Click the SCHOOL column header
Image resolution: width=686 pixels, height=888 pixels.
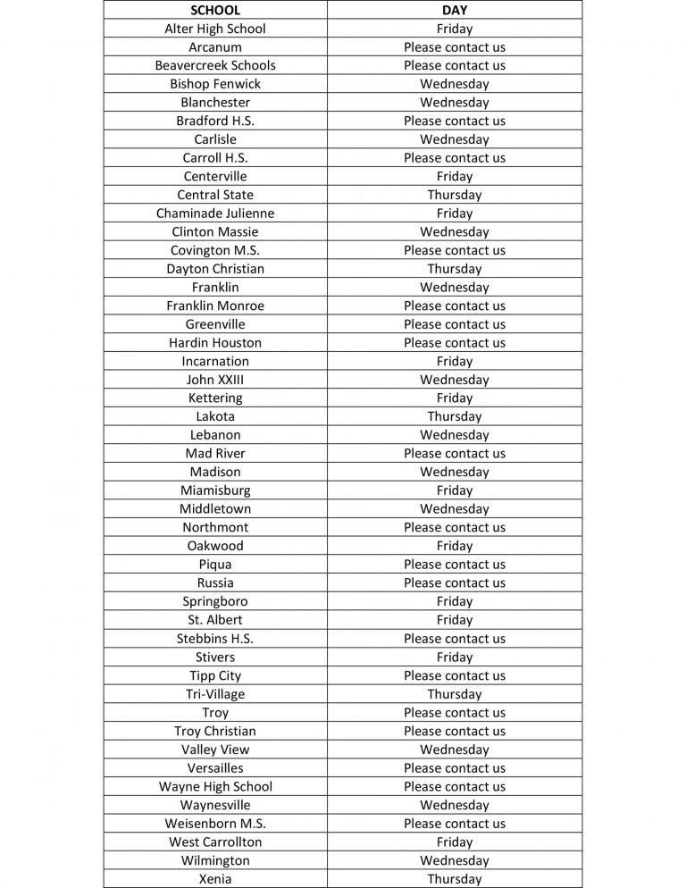coord(215,10)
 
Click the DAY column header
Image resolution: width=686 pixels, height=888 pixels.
coord(454,10)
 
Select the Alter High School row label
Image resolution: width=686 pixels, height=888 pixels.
coord(215,29)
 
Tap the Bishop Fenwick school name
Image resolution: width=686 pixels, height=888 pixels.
coord(215,84)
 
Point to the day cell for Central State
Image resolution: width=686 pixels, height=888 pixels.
coord(454,195)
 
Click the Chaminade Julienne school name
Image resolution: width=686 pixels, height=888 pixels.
coord(215,214)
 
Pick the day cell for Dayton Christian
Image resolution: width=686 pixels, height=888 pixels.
coord(454,269)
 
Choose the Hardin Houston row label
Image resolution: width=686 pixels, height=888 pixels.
coord(215,343)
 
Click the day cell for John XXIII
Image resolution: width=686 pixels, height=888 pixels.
coord(454,380)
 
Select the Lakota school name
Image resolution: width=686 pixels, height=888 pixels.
coord(215,416)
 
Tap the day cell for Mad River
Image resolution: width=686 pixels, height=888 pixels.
coord(454,454)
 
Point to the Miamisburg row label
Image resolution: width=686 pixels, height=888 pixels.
coord(215,490)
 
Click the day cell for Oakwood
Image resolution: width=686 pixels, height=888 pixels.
coord(454,546)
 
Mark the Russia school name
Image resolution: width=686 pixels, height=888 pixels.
coord(215,583)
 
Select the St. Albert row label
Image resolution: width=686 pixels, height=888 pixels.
coord(215,620)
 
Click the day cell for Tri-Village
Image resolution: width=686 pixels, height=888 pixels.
coord(454,694)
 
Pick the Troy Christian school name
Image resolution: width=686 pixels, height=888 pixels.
coord(215,731)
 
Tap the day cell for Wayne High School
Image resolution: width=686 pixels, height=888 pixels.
coord(454,787)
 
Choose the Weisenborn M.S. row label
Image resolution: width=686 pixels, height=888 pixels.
coord(215,824)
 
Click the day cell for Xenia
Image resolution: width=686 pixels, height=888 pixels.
coord(454,879)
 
